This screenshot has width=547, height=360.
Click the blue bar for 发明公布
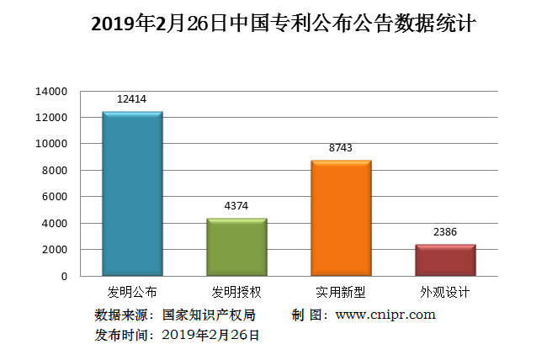(x=132, y=194)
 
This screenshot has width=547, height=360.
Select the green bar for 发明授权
(x=236, y=247)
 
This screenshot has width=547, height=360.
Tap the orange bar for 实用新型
(x=341, y=219)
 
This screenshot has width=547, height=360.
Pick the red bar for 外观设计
(x=445, y=260)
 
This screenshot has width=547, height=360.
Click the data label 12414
(x=132, y=99)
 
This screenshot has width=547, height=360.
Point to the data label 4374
(x=236, y=205)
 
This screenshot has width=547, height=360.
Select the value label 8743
(x=341, y=147)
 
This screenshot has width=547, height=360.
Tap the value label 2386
(x=445, y=231)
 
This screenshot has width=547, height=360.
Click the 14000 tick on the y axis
(x=51, y=91)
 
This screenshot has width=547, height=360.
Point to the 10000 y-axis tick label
(x=51, y=144)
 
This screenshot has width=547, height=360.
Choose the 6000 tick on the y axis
(x=55, y=197)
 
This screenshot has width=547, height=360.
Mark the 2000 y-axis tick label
(x=55, y=250)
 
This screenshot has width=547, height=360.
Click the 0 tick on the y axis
(x=63, y=276)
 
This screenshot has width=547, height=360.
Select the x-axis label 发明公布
(x=132, y=293)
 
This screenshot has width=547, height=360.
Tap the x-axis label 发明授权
(x=236, y=293)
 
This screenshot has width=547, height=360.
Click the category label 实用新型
(x=341, y=293)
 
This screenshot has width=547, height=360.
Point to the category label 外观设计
(x=445, y=293)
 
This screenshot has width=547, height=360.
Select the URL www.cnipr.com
(x=385, y=315)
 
